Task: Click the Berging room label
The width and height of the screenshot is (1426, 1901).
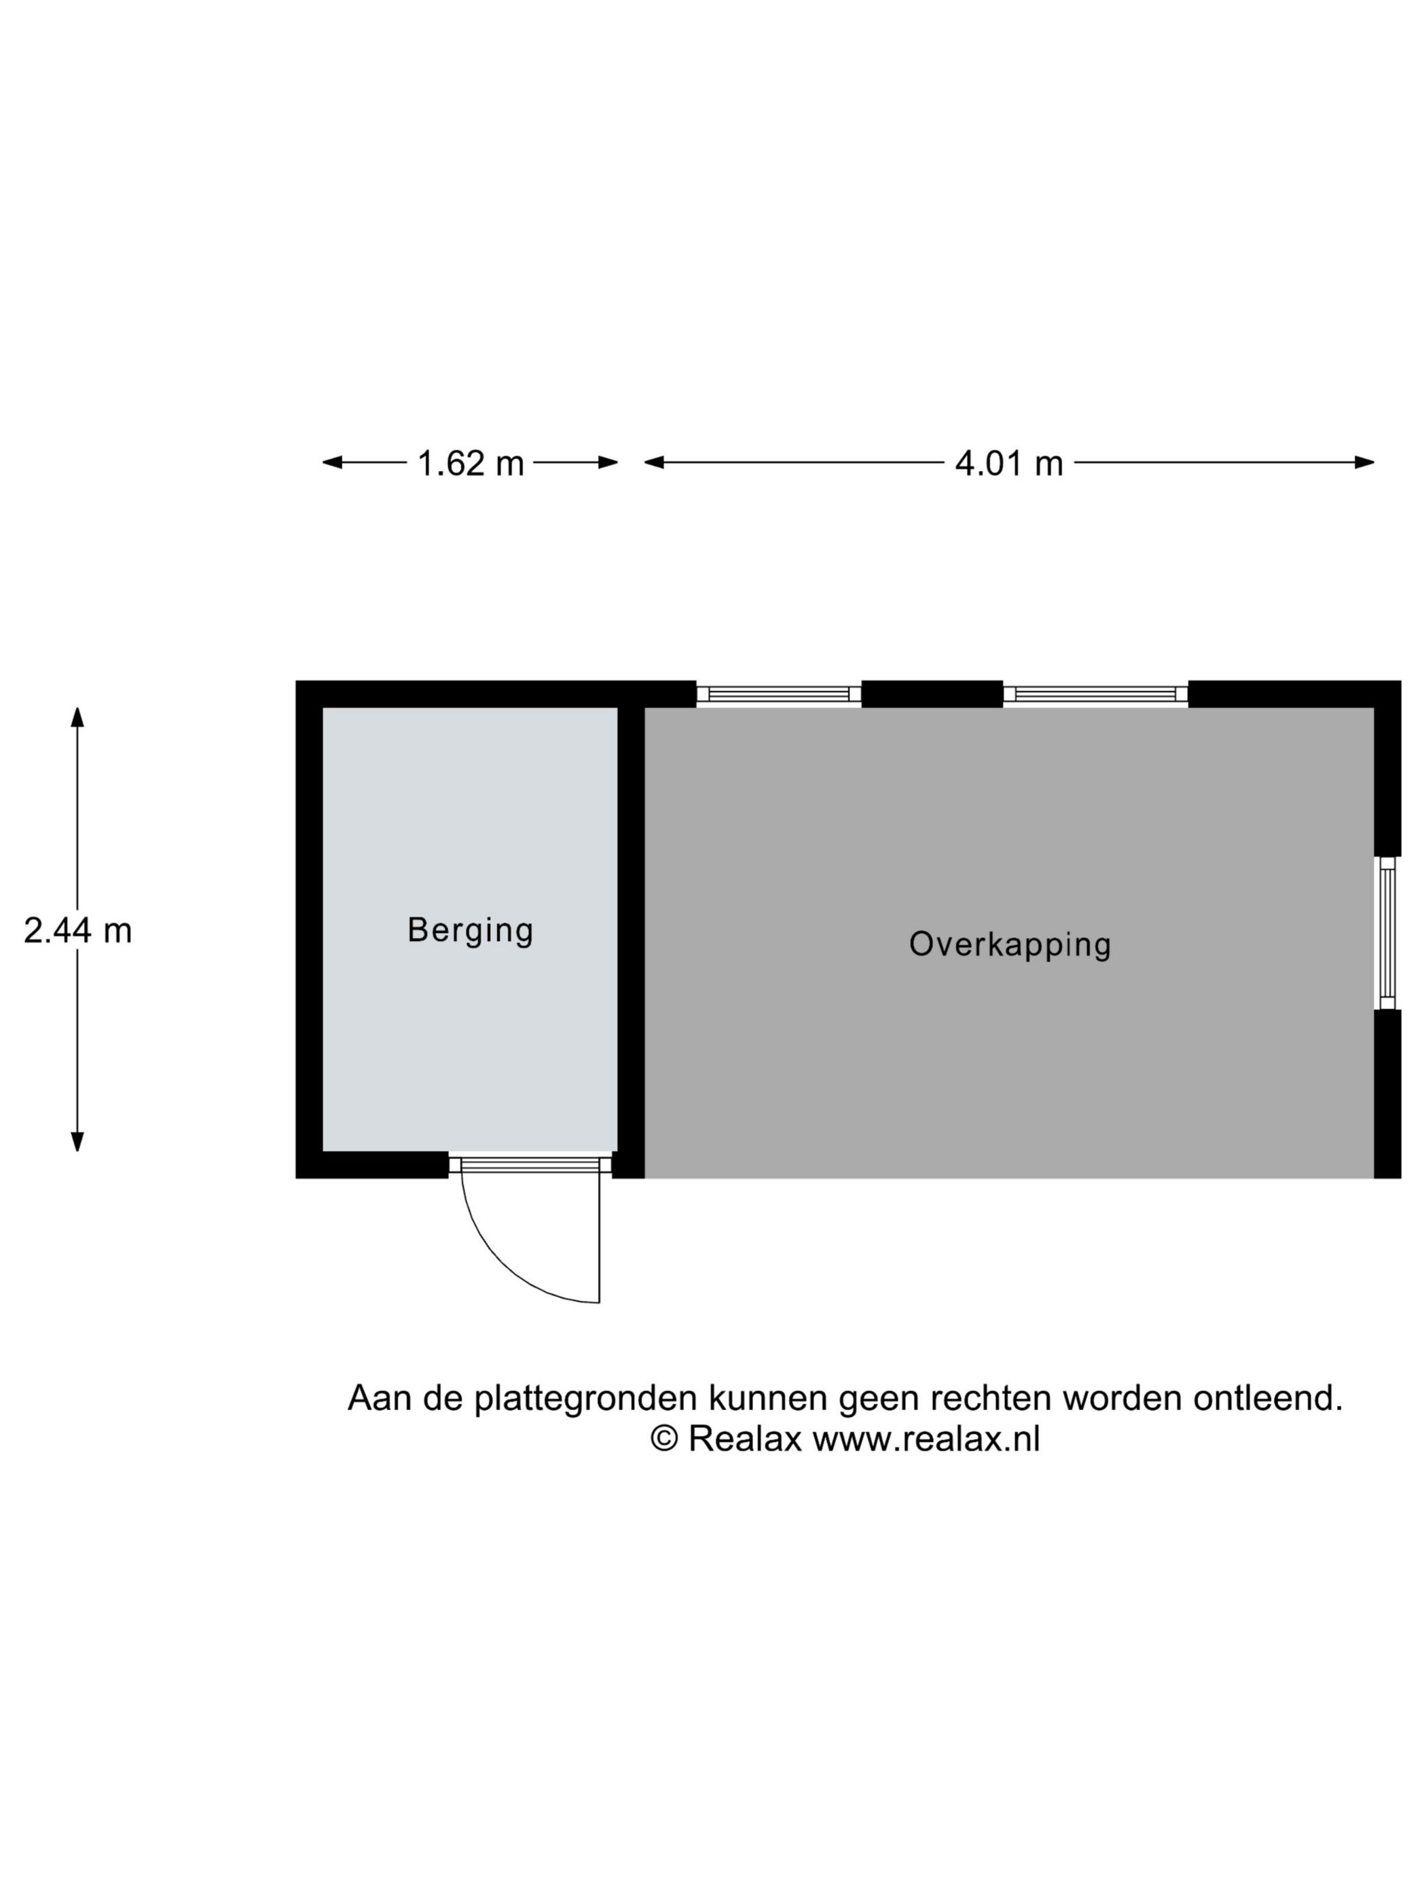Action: point(470,931)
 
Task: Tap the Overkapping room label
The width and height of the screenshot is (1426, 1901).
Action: point(1010,944)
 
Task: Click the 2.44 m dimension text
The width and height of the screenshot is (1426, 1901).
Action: point(77,931)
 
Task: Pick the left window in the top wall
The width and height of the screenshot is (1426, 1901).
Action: point(779,695)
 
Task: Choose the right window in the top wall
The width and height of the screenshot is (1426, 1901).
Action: point(1096,695)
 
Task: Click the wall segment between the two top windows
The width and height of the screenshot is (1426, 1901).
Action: point(932,695)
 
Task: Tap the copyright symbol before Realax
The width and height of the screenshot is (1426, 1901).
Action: point(663,1439)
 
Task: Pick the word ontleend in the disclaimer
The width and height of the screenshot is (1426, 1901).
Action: point(1267,1398)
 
